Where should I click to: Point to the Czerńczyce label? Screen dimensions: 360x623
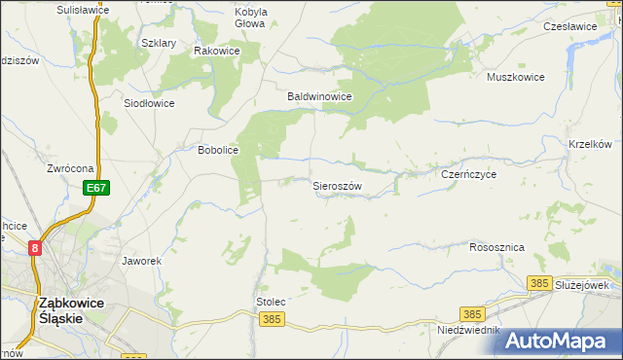point(469,174)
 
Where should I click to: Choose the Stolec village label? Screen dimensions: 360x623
point(270,303)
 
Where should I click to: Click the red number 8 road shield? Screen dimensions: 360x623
point(36,248)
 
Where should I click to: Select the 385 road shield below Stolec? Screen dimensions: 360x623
point(273,319)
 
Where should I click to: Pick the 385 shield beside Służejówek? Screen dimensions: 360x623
point(538,282)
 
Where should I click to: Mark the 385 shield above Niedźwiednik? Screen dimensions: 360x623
point(473,314)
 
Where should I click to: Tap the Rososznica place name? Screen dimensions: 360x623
point(496,247)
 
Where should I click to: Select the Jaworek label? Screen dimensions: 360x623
point(141,261)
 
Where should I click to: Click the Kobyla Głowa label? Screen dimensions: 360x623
point(250,18)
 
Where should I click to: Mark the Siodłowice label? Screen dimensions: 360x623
point(149,102)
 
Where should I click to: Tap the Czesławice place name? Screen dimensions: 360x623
point(569,26)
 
